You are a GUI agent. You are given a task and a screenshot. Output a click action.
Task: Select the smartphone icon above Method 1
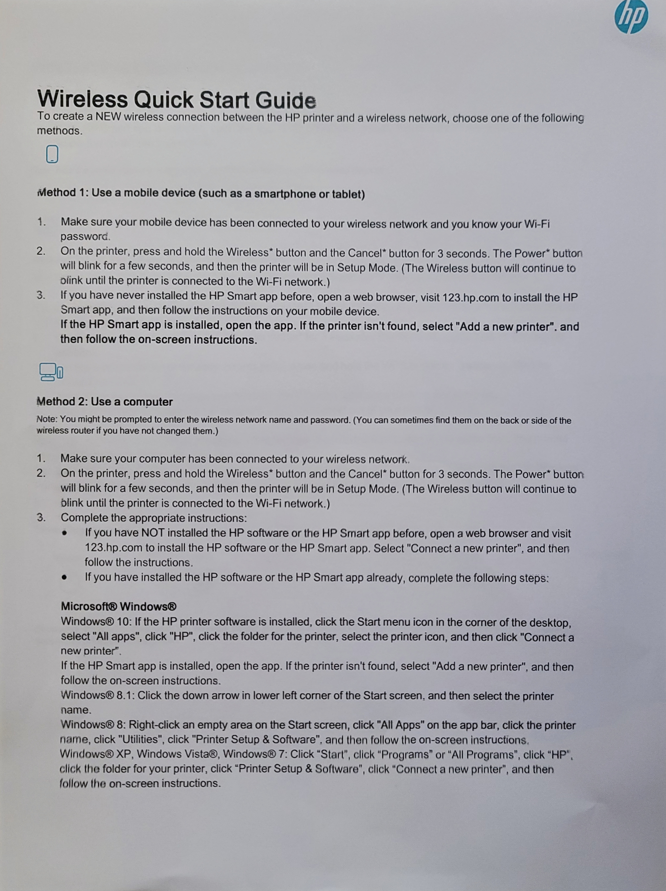coord(52,154)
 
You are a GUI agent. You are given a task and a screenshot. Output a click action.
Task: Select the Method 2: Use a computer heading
coord(104,402)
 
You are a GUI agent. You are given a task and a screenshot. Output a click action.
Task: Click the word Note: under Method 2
coord(47,419)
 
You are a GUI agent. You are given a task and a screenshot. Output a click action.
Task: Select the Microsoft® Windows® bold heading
coord(119,606)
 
